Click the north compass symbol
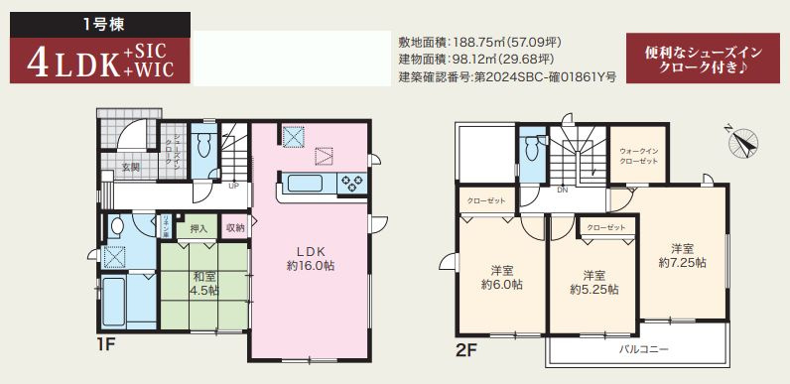[743, 142]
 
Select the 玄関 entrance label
[131, 167]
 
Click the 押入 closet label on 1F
[199, 227]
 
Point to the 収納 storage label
[234, 227]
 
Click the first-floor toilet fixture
[204, 146]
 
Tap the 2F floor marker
[466, 350]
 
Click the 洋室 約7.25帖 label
[682, 255]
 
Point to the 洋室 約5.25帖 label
[593, 282]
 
